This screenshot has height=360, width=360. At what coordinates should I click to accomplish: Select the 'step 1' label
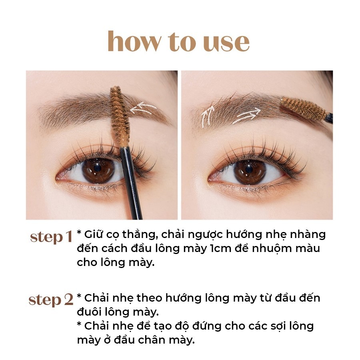pos(51,237)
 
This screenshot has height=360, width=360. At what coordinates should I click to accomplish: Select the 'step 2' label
pos(51,300)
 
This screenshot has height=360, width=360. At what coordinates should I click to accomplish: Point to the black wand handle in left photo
pos(131,182)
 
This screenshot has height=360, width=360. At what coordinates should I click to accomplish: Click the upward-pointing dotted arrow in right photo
pos(207,116)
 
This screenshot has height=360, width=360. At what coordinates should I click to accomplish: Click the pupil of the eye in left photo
pos(97,168)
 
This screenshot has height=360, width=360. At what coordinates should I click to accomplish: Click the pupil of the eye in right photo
pos(249,170)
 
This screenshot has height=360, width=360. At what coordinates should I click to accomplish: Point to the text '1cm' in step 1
pos(221,249)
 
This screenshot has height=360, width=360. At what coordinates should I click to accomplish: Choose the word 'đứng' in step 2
pos(206,326)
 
